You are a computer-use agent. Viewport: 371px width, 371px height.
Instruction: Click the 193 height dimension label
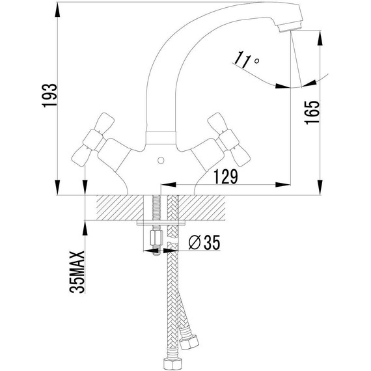tap(49, 95)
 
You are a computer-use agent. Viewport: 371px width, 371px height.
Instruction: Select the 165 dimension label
tap(312, 113)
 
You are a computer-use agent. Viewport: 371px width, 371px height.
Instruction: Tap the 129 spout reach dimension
tap(226, 176)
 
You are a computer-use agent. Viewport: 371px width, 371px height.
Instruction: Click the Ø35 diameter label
tap(204, 242)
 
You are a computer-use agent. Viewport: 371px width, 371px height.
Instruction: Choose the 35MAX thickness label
tap(77, 272)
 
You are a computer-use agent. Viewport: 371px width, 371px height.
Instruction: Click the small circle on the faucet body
tap(161, 161)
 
